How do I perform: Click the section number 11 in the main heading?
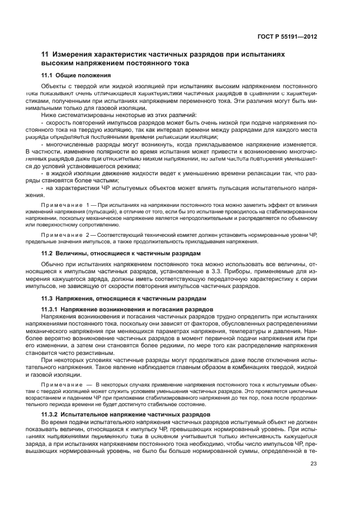[x=46, y=55]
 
